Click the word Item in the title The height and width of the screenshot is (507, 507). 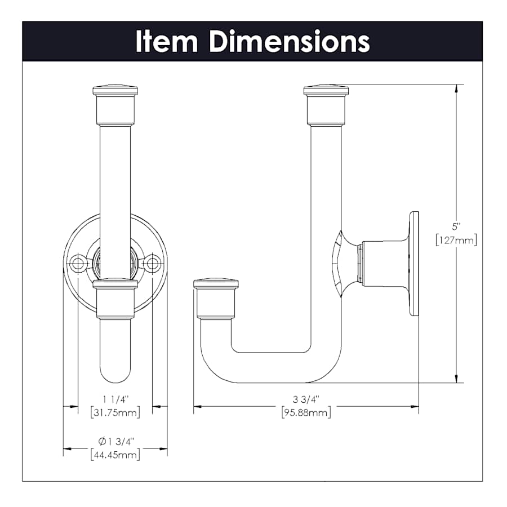[x=167, y=41]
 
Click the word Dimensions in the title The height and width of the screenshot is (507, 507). [x=290, y=41]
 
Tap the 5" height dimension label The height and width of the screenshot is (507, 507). [x=456, y=226]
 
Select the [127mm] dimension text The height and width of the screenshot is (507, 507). [x=456, y=240]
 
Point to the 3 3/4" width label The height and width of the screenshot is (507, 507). [x=306, y=399]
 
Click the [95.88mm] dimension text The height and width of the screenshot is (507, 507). [x=306, y=412]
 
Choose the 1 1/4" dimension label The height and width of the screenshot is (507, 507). [x=115, y=399]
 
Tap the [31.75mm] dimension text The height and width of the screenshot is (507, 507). [x=115, y=412]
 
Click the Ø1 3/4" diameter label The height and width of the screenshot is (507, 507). [x=115, y=441]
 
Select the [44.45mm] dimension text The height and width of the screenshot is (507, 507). [x=115, y=455]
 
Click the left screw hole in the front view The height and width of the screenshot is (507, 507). [x=78, y=264]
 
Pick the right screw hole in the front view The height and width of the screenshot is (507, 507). [x=152, y=264]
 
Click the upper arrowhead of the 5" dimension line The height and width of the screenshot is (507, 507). [x=456, y=88]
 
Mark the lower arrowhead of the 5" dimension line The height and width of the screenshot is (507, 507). [x=456, y=379]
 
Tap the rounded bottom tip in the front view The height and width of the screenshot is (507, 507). [x=115, y=377]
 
